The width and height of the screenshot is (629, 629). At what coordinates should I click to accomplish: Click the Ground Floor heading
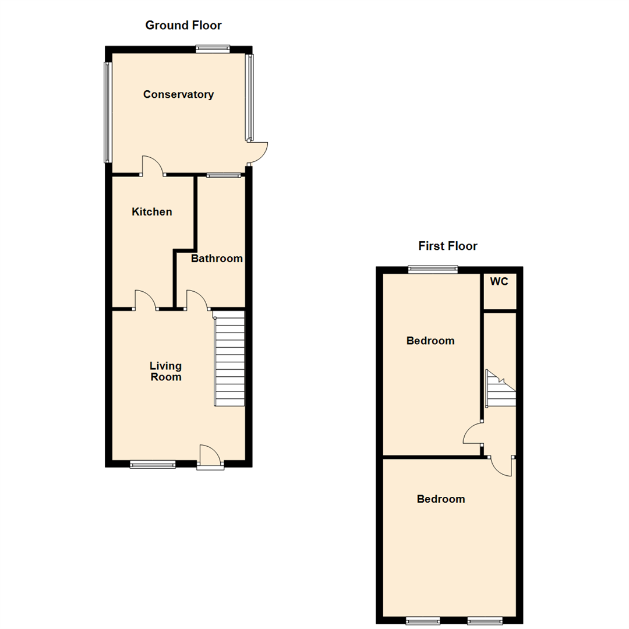click(x=183, y=25)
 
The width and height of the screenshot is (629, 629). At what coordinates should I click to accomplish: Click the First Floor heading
click(x=448, y=246)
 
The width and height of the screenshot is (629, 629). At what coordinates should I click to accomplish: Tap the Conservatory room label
click(x=178, y=94)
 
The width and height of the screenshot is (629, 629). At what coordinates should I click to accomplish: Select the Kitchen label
click(x=152, y=212)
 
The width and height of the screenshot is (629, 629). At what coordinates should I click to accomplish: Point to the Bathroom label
click(x=217, y=258)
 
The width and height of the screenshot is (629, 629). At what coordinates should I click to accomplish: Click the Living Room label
click(x=165, y=372)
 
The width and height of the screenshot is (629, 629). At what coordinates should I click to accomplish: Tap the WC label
click(x=500, y=282)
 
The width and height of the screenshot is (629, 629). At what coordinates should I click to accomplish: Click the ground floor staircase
click(x=229, y=359)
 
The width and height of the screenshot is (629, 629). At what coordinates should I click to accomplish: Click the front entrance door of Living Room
click(x=210, y=457)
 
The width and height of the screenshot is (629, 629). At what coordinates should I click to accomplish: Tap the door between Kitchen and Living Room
click(x=146, y=300)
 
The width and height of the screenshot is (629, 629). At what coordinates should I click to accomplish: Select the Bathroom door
click(x=197, y=299)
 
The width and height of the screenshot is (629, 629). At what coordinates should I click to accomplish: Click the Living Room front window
click(x=153, y=464)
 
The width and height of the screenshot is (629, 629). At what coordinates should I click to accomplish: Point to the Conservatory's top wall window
click(x=213, y=49)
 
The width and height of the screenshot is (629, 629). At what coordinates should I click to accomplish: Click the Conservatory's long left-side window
click(x=107, y=112)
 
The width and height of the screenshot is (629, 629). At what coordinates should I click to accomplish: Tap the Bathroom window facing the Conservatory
click(x=224, y=175)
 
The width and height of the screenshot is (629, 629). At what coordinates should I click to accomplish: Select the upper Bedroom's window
click(x=433, y=269)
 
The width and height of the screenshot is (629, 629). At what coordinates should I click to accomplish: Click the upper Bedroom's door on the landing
click(x=473, y=434)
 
